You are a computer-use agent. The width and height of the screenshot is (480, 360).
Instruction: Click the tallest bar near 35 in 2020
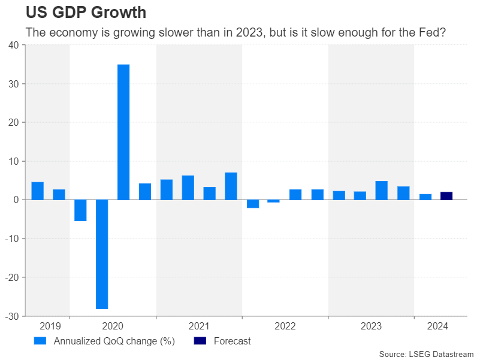[123, 132]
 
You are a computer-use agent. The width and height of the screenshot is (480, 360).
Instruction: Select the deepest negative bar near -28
[102, 254]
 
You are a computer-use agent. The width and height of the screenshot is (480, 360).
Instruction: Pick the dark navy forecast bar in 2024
[446, 196]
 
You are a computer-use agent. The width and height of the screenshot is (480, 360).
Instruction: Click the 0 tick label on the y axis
[16, 199]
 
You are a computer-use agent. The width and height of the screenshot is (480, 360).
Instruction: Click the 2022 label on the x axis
[285, 326]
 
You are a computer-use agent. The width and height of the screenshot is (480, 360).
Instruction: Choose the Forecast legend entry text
[232, 341]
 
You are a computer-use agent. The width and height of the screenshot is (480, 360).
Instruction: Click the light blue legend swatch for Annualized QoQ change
[40, 341]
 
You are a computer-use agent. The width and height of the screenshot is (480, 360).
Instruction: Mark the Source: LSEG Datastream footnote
[426, 354]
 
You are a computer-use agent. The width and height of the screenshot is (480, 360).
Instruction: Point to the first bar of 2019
[37, 190]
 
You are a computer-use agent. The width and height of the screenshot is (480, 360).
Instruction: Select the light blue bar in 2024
[425, 196]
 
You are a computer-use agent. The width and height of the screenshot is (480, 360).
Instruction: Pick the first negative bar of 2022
[253, 204]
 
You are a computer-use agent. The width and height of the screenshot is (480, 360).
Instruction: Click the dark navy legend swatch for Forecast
[200, 341]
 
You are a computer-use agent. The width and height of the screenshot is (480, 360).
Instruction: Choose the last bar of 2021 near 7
[231, 186]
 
